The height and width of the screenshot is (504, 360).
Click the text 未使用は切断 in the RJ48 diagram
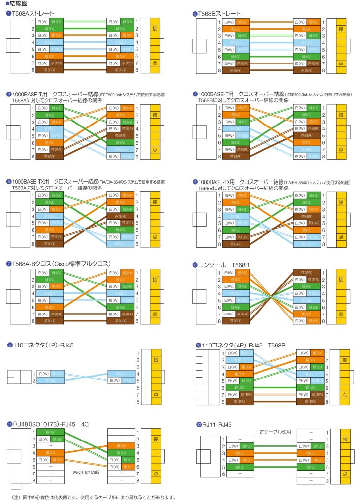point(86,472)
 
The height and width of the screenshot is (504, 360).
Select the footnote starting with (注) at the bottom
point(93,497)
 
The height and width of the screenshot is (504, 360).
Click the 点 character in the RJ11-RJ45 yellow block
point(345,473)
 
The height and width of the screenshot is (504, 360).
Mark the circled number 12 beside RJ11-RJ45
point(199,424)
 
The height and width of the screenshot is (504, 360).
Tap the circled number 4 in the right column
point(195,94)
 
